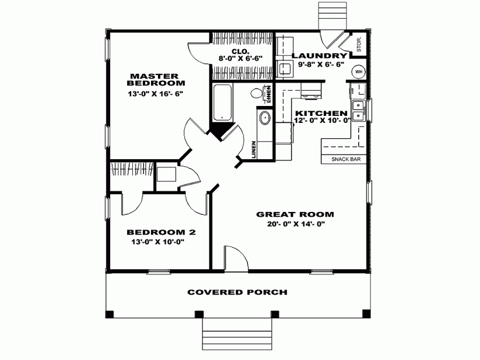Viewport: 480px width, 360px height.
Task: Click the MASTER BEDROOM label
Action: [x=156, y=79]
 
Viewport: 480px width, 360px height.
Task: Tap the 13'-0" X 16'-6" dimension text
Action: [x=156, y=94]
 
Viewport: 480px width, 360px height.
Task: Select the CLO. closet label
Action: [x=241, y=51]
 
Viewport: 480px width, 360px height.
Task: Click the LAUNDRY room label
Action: [x=320, y=56]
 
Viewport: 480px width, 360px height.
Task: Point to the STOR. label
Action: [x=359, y=44]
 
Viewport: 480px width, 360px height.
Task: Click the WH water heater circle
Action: [x=358, y=72]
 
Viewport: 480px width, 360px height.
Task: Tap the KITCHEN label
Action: [x=321, y=113]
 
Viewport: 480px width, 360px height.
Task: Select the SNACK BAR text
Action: [x=346, y=159]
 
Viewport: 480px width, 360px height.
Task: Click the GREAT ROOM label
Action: [x=295, y=214]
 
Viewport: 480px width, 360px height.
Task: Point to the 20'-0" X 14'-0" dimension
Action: [x=296, y=224]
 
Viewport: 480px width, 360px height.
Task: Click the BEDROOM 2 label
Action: [x=162, y=232]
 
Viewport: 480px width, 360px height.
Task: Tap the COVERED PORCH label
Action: [x=238, y=292]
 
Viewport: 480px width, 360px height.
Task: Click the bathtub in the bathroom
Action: [x=222, y=103]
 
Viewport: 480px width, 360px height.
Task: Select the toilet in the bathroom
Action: [x=258, y=93]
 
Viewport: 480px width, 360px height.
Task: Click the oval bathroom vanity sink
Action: [x=265, y=118]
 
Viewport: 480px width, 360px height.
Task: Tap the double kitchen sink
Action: [x=358, y=111]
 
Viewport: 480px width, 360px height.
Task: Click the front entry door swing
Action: [x=236, y=258]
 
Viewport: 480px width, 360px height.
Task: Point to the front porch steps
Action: [x=237, y=334]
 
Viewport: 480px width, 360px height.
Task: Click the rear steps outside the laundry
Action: [x=332, y=16]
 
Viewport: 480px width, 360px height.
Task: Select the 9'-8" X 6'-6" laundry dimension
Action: [x=321, y=64]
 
